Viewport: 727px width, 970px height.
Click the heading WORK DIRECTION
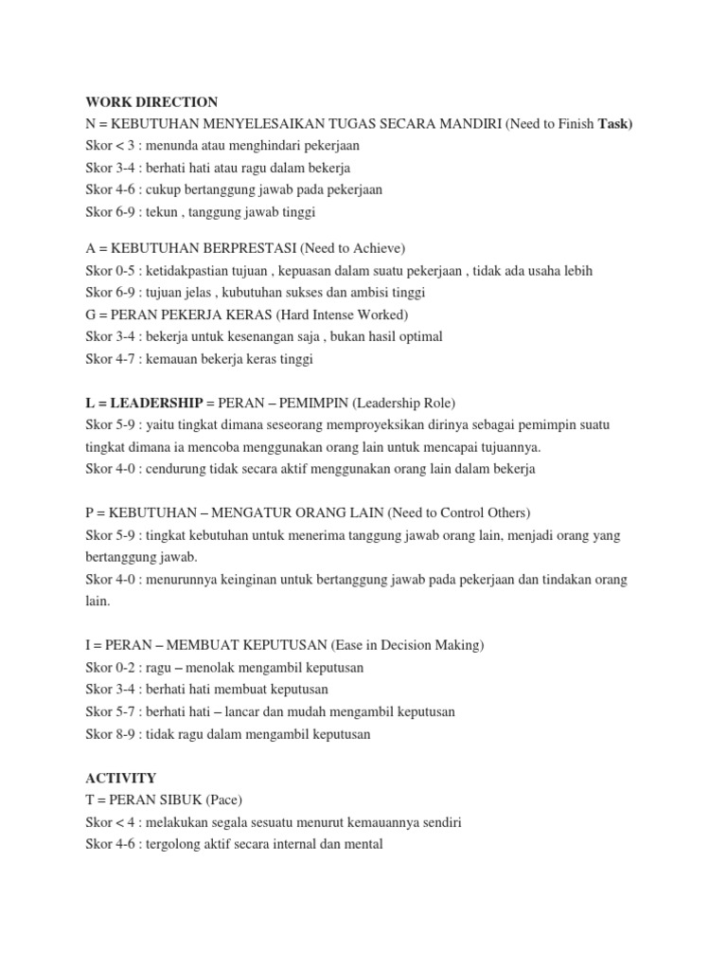click(x=151, y=101)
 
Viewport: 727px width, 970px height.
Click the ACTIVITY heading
click(x=120, y=778)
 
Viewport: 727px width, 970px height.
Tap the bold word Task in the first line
click(x=613, y=124)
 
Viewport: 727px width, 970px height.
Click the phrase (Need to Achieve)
click(x=352, y=248)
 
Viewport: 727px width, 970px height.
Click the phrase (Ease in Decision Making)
click(x=407, y=645)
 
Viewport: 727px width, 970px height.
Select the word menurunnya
click(x=180, y=579)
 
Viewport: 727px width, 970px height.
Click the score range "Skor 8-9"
click(x=109, y=734)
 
